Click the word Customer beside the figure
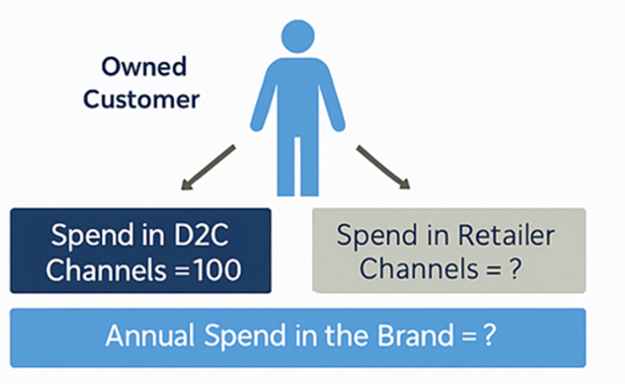pos(142,99)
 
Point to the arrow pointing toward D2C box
pos(207,166)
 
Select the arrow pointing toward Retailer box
pos(383,166)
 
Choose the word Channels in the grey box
pos(412,270)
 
